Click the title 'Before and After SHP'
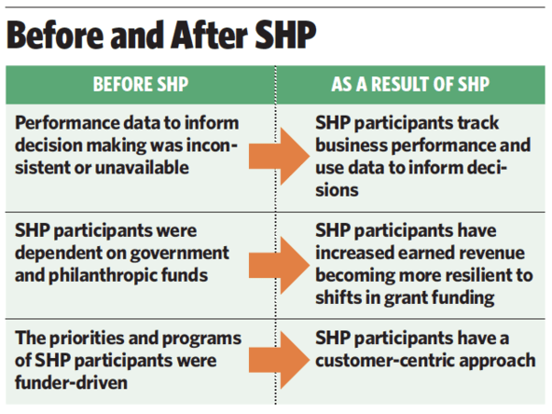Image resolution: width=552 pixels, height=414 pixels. (x=161, y=34)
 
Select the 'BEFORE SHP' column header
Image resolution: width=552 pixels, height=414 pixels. (x=141, y=85)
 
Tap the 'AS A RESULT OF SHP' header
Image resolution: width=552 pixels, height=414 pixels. (x=410, y=85)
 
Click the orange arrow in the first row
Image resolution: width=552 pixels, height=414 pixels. (x=279, y=156)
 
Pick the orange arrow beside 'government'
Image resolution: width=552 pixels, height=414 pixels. (x=279, y=265)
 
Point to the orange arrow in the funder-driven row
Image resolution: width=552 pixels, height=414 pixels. (x=279, y=360)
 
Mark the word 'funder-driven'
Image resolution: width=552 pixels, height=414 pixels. (x=71, y=382)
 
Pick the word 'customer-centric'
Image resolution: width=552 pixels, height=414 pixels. (x=384, y=361)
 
